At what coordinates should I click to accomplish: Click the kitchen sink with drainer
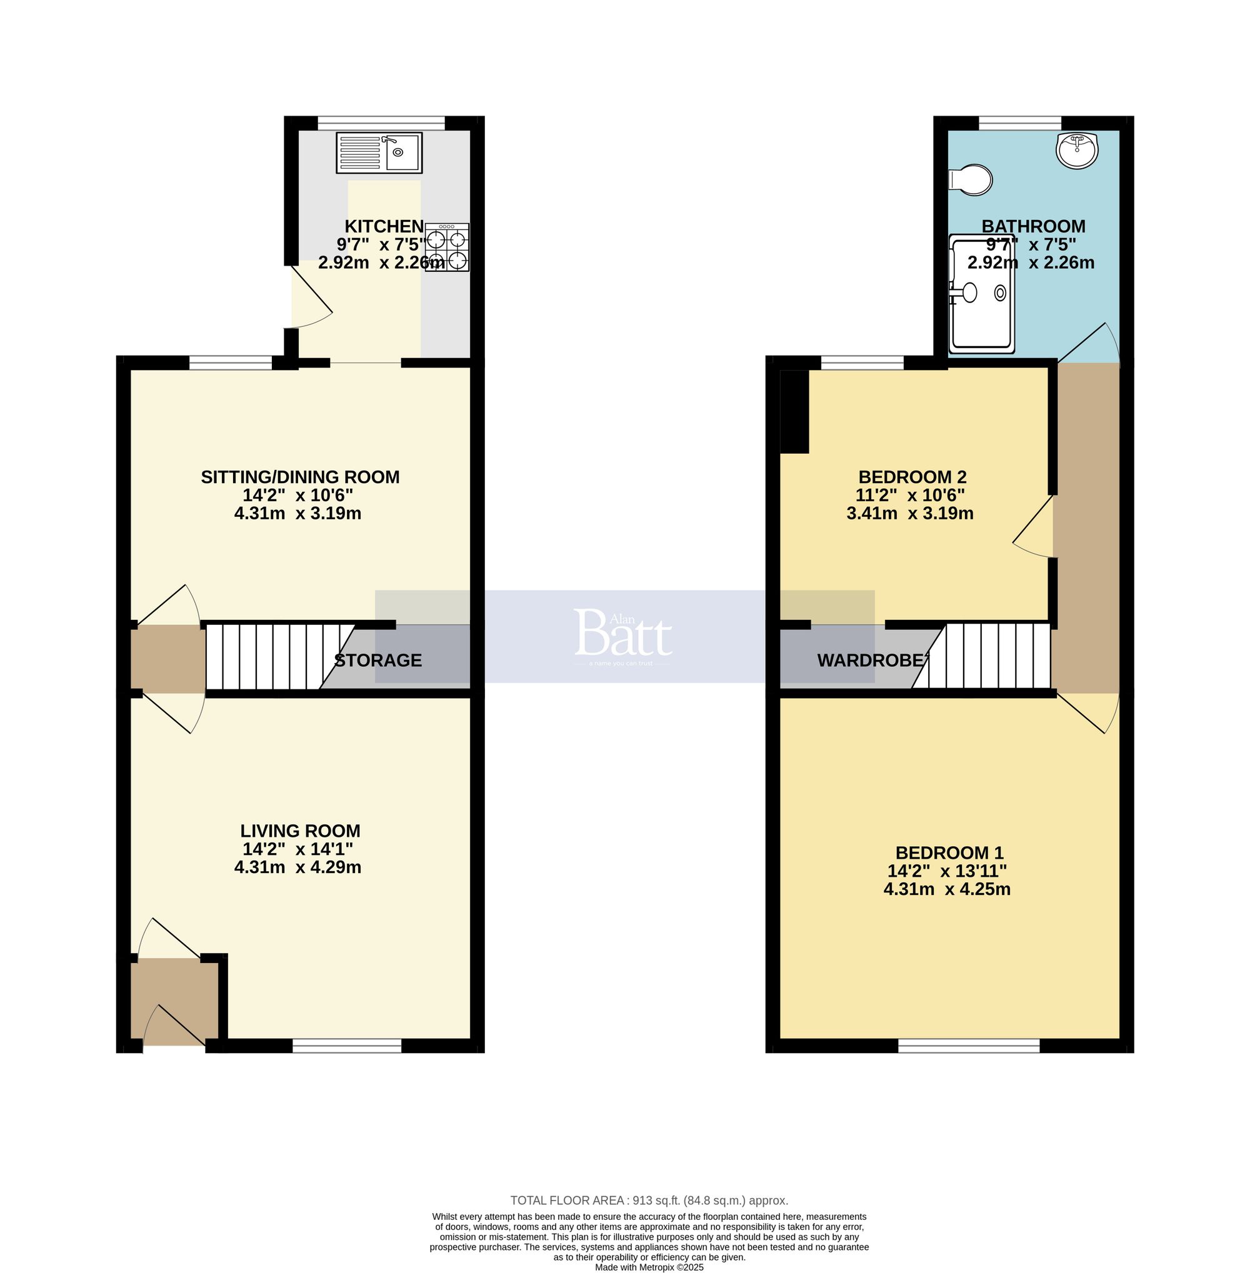[x=379, y=153]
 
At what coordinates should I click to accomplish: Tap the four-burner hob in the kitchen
[x=447, y=247]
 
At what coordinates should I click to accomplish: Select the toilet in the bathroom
[x=972, y=179]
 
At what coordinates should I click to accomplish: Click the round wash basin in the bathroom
[x=1077, y=149]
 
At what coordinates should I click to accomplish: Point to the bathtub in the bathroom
[x=981, y=294]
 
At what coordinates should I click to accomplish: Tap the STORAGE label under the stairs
[x=378, y=661]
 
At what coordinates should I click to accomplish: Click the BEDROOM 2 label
[x=912, y=477]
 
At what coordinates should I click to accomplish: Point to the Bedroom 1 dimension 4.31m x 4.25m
[x=947, y=889]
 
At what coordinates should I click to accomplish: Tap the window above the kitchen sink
[x=381, y=122]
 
